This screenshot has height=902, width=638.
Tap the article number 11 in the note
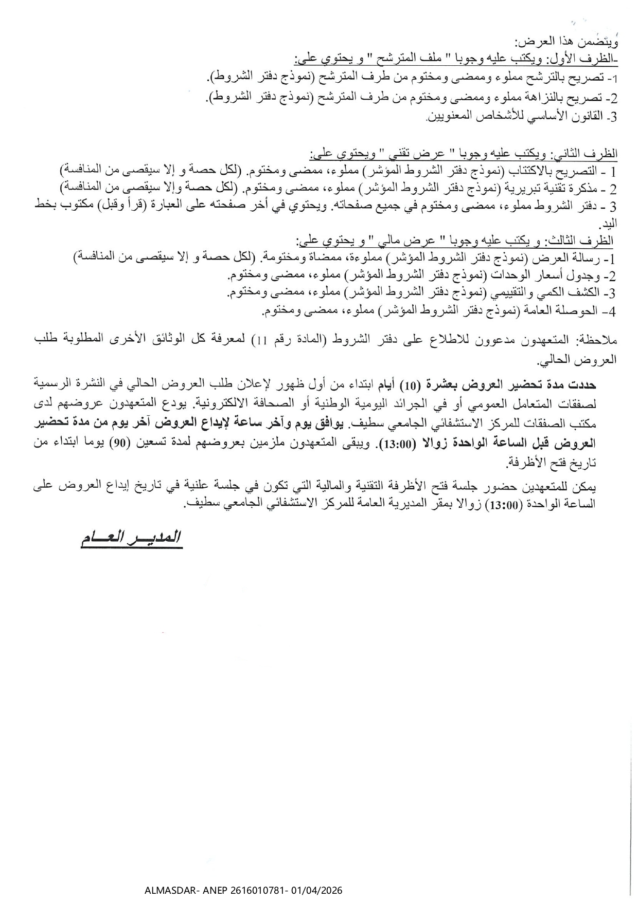tap(261, 340)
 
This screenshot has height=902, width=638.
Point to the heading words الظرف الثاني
tap(590, 154)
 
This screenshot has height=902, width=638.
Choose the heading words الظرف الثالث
tap(588, 241)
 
